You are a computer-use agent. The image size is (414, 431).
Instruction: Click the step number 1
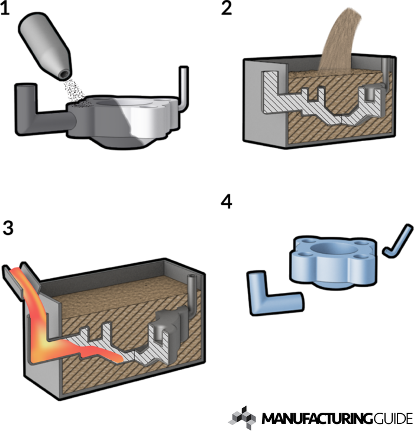tap(5, 9)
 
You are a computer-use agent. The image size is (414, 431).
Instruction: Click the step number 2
tap(227, 8)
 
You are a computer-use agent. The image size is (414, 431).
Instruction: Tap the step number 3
tap(8, 228)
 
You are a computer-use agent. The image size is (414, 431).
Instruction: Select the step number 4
tap(227, 202)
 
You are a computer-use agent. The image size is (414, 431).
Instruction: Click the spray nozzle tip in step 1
tap(64, 74)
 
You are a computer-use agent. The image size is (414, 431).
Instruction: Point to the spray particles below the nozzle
tap(74, 92)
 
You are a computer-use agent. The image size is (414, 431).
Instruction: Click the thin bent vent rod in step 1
tap(183, 87)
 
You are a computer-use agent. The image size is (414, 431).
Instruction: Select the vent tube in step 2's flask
tap(386, 72)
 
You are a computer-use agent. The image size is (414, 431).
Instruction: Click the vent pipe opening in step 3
tap(192, 277)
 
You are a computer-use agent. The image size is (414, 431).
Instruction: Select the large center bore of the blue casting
tap(333, 248)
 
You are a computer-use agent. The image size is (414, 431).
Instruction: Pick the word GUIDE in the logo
tap(393, 419)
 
